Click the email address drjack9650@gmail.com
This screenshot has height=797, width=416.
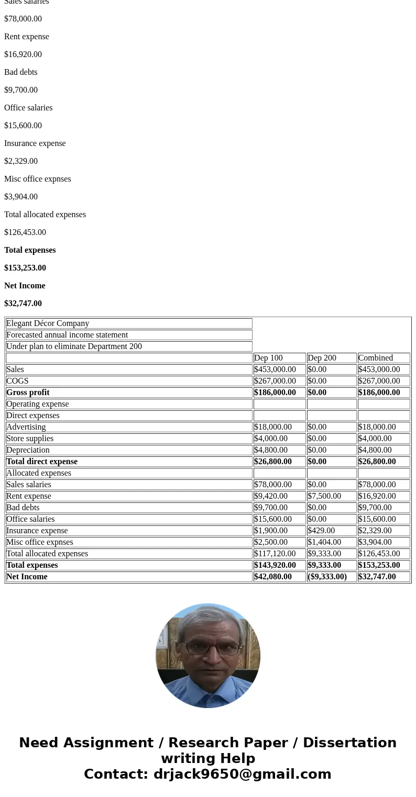pos(242,774)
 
